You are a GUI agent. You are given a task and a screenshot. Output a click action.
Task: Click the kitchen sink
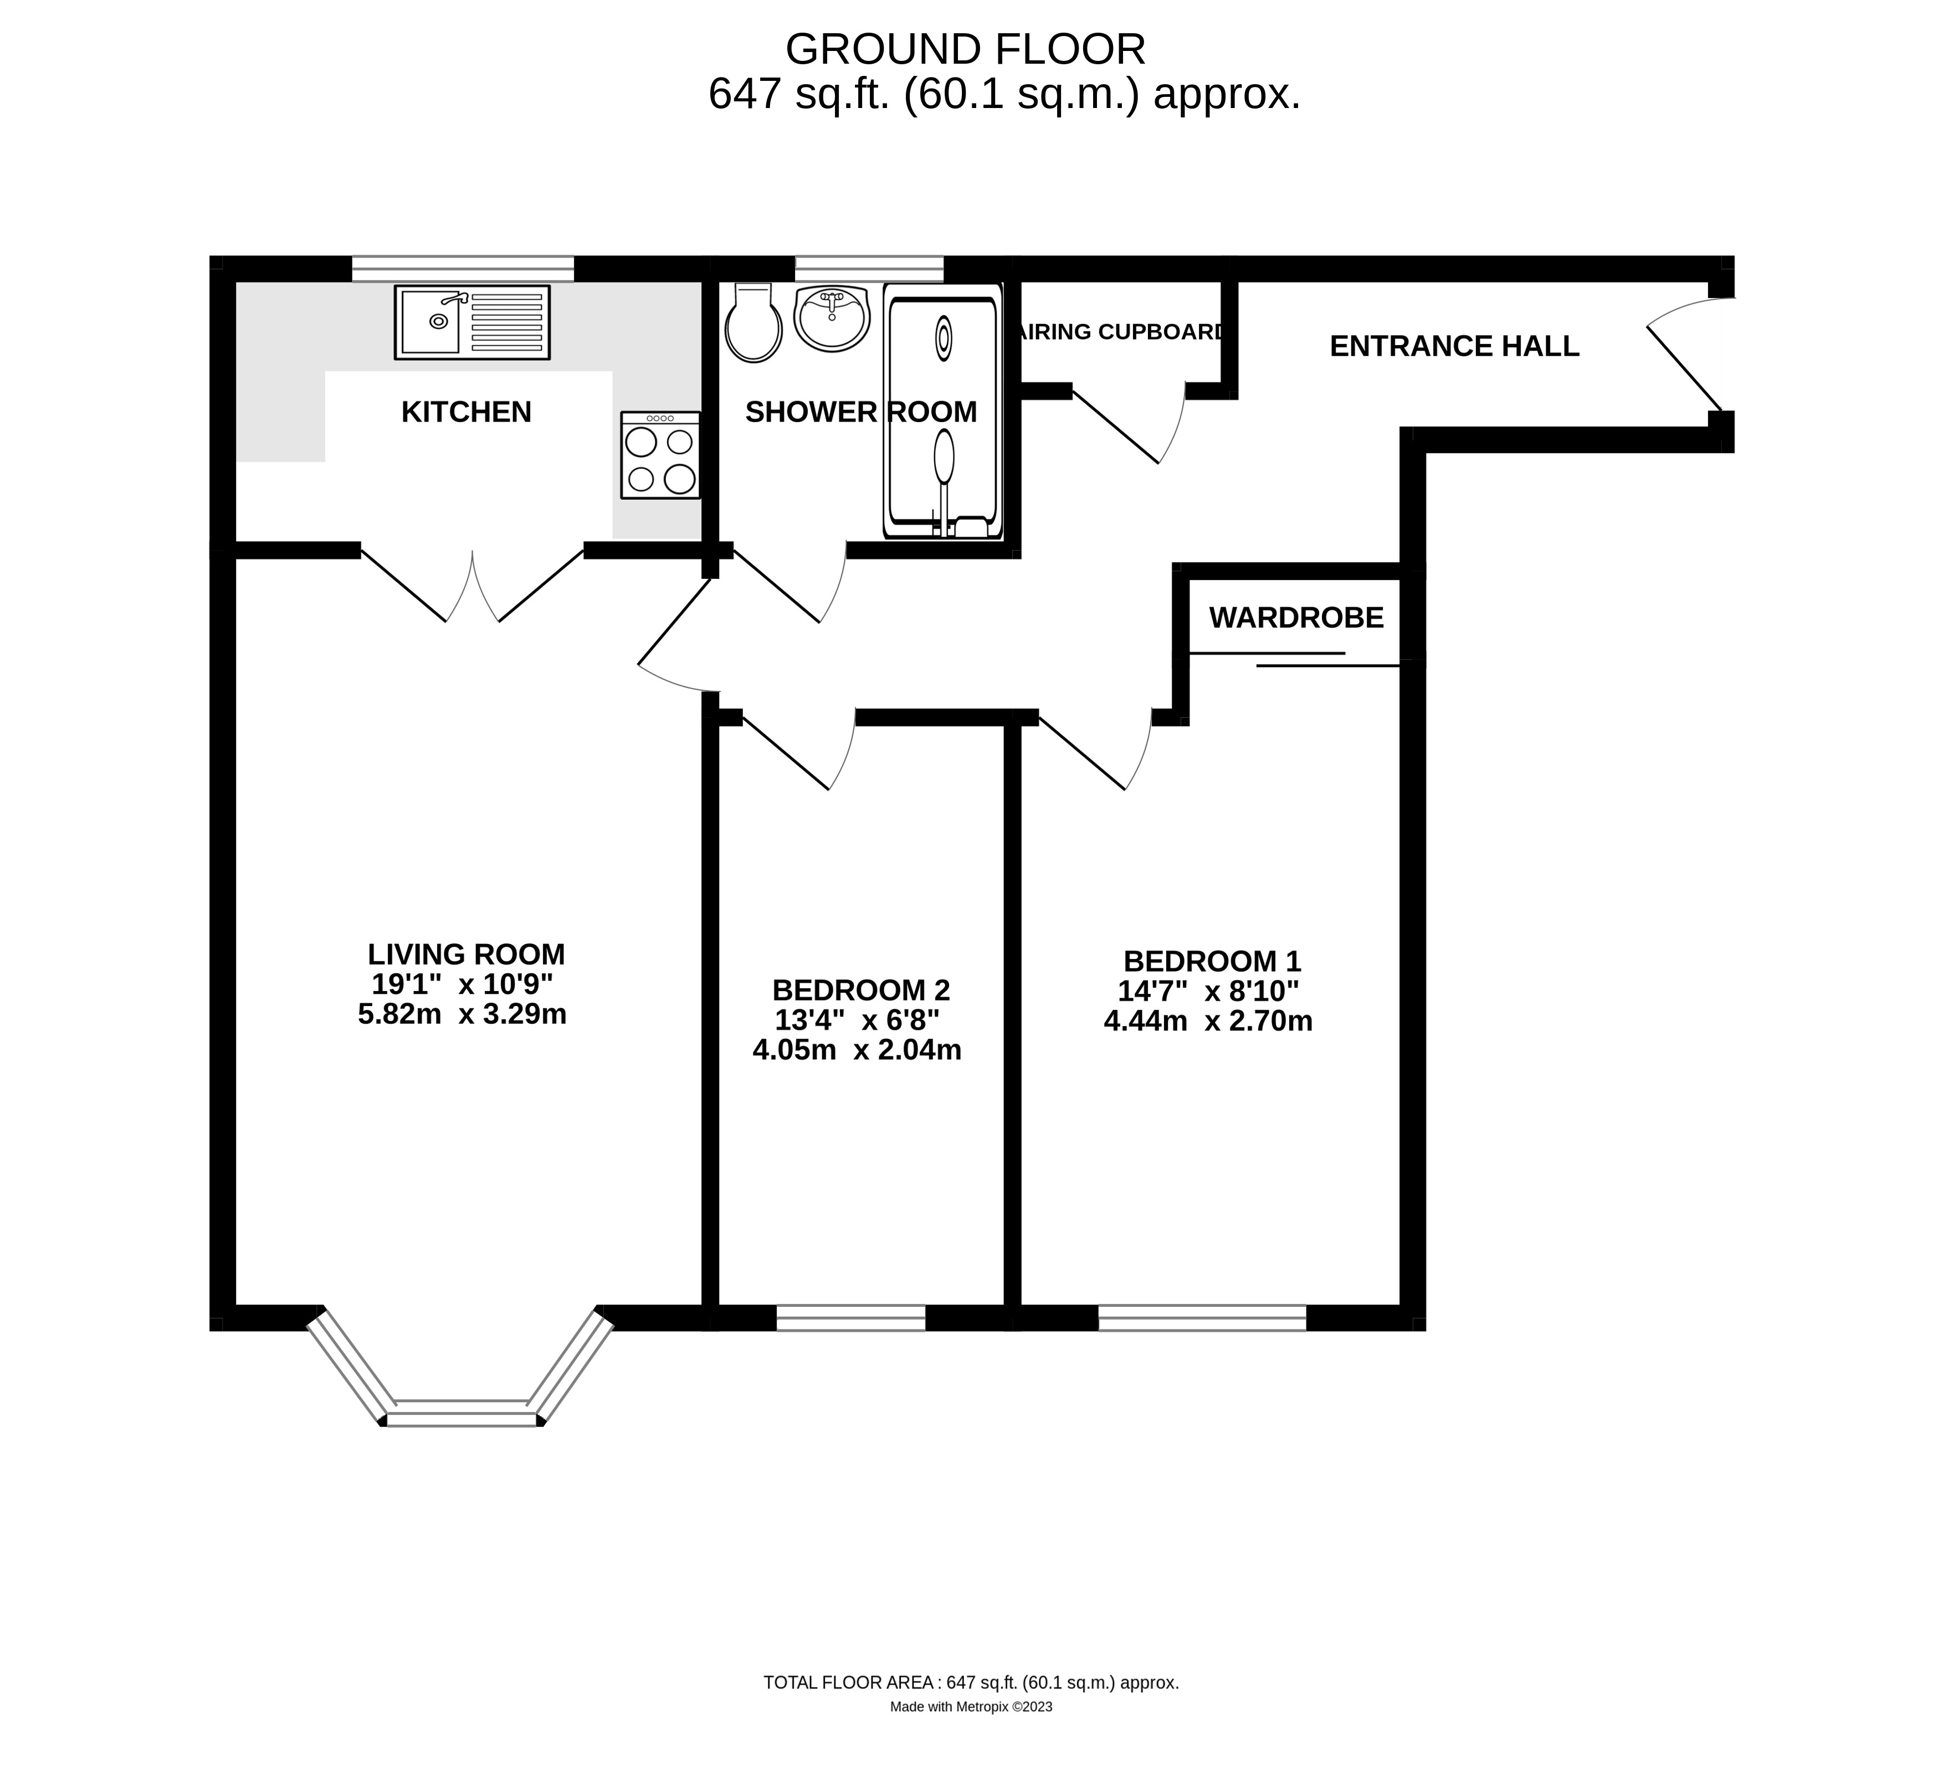[x=472, y=322]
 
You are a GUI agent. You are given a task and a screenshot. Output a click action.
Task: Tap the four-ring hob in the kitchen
[x=660, y=455]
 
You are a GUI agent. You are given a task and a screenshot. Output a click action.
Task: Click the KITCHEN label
[x=466, y=412]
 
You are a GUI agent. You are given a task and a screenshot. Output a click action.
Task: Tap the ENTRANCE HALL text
[x=1454, y=346]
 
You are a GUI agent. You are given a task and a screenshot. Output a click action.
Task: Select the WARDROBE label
[x=1296, y=617]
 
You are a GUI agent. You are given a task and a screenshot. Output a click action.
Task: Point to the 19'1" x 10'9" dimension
[x=462, y=984]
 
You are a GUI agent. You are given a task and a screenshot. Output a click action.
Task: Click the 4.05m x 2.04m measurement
[x=857, y=1050]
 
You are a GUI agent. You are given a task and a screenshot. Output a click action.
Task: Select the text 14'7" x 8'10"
[x=1207, y=991]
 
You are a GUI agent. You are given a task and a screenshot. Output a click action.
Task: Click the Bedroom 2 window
[x=851, y=1318]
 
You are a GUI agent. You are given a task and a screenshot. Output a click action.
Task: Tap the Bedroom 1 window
[x=1202, y=1318]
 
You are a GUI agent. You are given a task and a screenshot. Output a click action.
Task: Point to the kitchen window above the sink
[x=462, y=269]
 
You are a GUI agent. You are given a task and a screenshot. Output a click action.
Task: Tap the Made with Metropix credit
[x=971, y=1734]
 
